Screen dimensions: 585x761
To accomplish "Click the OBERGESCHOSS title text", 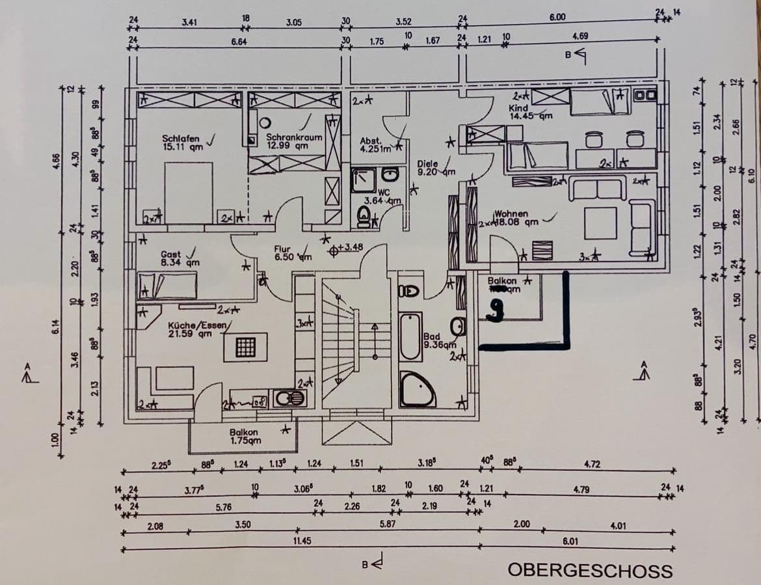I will click(x=590, y=571).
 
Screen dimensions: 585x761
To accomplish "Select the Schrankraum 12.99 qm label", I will click(x=294, y=142).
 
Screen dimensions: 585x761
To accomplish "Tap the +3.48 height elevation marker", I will click(x=346, y=248).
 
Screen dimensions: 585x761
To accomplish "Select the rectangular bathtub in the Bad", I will click(x=410, y=336).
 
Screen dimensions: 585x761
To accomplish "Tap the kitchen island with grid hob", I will click(x=246, y=347).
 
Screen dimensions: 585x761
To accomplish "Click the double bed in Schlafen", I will click(x=189, y=192).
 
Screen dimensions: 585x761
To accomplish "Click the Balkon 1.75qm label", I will click(x=245, y=436).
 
